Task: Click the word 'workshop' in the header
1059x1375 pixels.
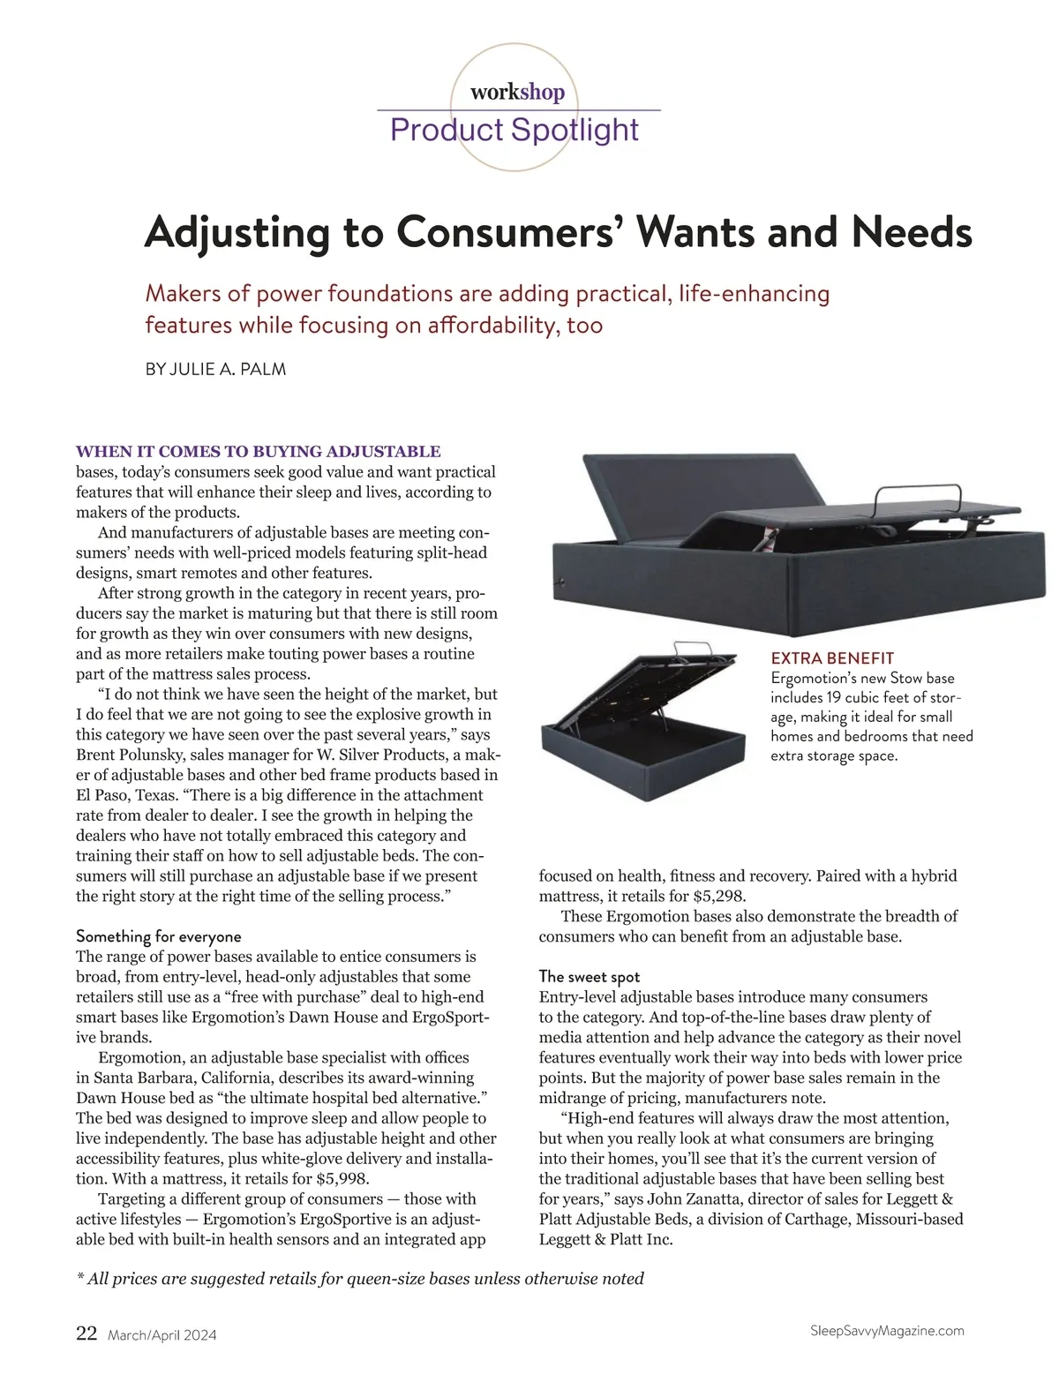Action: point(517,93)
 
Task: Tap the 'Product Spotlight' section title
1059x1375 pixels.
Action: point(514,130)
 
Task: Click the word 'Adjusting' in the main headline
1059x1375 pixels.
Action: point(237,233)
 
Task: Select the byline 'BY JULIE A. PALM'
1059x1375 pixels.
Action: point(215,370)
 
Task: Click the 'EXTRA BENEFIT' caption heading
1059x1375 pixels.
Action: point(832,658)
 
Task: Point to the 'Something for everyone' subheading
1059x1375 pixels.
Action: point(159,935)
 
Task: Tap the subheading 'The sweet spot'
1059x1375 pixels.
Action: point(590,976)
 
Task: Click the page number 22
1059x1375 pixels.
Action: point(86,1334)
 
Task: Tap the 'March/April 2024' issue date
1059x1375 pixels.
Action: point(161,1335)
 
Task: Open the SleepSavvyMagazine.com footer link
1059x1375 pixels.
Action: point(886,1331)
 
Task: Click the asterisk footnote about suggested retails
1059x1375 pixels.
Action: point(361,1279)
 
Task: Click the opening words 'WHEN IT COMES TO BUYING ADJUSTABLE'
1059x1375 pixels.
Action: point(259,452)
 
